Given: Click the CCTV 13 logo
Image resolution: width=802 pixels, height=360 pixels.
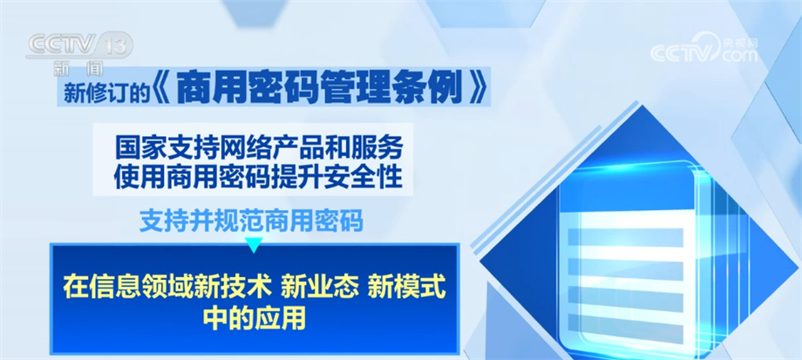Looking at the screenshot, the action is coord(79,45).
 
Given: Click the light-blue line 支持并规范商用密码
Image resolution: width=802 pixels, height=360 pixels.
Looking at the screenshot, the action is coord(251,221).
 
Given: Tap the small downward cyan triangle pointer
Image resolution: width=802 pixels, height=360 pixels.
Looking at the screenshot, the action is coord(254,246).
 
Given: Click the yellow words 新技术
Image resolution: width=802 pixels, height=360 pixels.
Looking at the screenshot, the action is coord(237,288).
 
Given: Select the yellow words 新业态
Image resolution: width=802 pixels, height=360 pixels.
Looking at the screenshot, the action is coord(319,288).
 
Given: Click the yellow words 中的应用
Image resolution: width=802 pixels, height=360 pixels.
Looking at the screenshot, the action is coord(255,318).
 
